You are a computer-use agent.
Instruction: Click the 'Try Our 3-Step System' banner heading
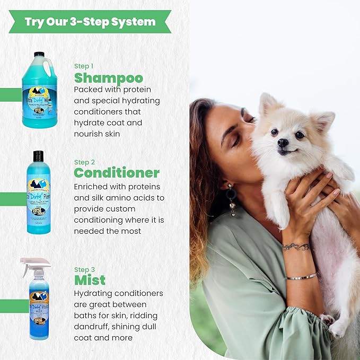pyautogui.click(x=90, y=22)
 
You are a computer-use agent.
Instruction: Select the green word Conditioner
pyautogui.click(x=117, y=173)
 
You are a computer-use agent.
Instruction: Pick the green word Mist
pyautogui.click(x=90, y=280)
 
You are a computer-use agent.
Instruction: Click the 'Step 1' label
pyautogui.click(x=84, y=66)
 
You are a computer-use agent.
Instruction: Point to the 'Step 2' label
pyautogui.click(x=84, y=162)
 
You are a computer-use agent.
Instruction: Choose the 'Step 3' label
pyautogui.click(x=84, y=269)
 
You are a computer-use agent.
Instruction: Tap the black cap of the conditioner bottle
pyautogui.click(x=38, y=156)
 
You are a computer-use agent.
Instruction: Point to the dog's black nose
pyautogui.click(x=284, y=142)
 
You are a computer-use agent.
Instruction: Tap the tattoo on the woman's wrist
pyautogui.click(x=296, y=247)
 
